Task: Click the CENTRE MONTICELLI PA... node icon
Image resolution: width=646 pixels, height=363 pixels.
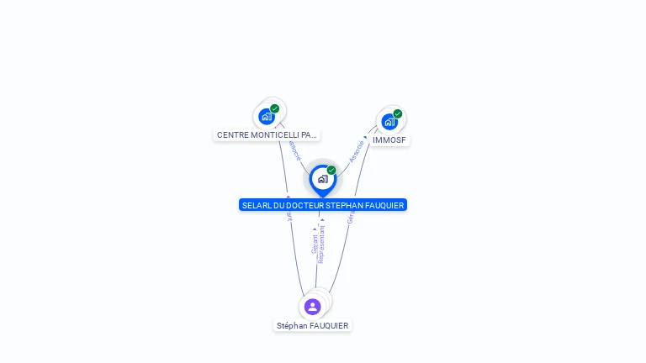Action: click(267, 117)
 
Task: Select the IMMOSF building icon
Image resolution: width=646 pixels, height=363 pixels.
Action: click(389, 122)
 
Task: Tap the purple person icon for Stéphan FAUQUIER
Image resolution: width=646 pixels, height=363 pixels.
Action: click(313, 307)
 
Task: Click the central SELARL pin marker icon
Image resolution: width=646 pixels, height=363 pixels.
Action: click(322, 179)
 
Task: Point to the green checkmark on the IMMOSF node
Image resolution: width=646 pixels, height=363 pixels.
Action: click(398, 114)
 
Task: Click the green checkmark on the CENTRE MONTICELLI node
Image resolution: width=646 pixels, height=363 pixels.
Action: click(275, 108)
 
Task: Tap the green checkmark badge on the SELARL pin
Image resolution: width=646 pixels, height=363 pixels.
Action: click(331, 170)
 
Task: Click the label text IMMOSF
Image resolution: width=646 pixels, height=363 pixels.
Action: click(389, 140)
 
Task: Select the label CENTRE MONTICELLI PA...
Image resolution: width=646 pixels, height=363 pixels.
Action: click(267, 135)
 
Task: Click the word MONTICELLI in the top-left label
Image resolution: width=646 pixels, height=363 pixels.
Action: click(270, 135)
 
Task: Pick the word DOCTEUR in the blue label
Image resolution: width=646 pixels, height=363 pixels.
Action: click(308, 206)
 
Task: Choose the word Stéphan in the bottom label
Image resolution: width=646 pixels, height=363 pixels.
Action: click(291, 326)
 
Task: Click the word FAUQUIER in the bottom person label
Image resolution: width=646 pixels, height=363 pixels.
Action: click(329, 326)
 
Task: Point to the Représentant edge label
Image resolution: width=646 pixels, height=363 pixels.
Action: click(321, 244)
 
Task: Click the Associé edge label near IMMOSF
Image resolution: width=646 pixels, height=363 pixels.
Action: click(357, 150)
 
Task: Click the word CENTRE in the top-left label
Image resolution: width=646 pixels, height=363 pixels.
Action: click(232, 135)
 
